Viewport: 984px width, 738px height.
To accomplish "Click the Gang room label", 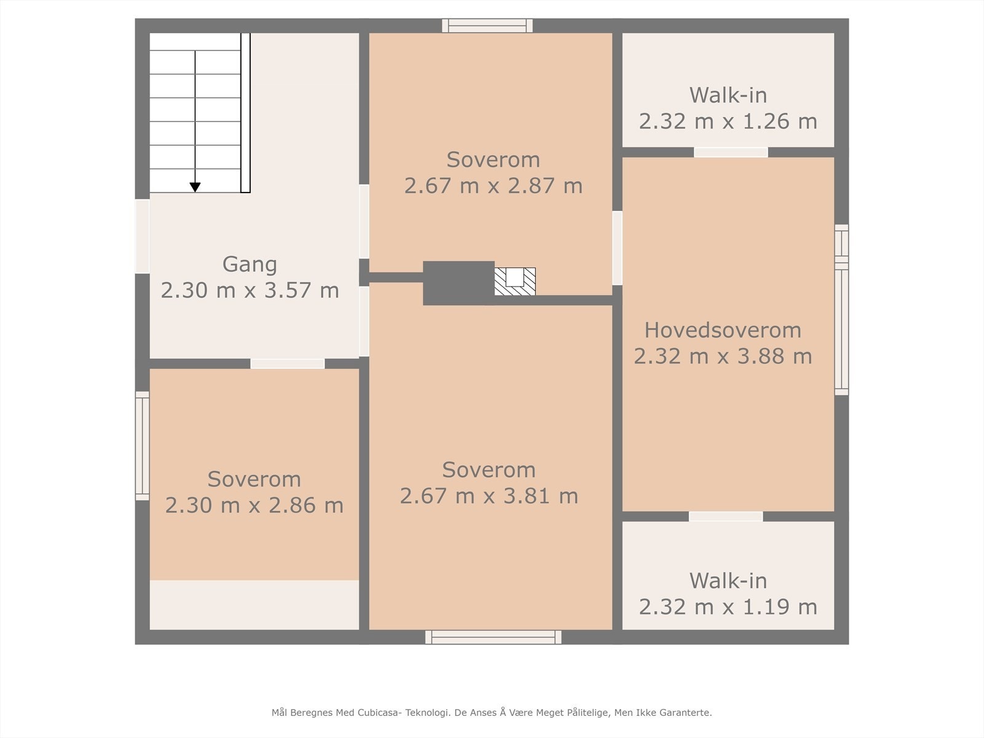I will (x=250, y=264).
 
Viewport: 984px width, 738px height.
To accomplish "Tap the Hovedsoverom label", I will (x=723, y=330).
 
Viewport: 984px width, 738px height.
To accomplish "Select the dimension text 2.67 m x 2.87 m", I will (x=493, y=186).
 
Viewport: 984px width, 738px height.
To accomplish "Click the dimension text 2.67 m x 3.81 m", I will (x=489, y=496).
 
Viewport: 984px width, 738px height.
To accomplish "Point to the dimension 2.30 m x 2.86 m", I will (x=254, y=506).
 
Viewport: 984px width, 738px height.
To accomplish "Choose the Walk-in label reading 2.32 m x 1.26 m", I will (x=728, y=108).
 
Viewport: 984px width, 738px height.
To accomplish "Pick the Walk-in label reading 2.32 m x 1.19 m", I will (x=728, y=594).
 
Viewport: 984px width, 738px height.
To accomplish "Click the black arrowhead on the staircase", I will (x=195, y=187).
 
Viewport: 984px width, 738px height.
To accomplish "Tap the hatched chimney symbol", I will (x=515, y=281).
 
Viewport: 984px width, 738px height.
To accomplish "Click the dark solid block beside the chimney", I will (x=458, y=283).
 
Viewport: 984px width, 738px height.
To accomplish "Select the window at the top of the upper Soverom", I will (x=487, y=25).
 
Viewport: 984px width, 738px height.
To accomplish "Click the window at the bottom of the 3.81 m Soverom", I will (x=493, y=637).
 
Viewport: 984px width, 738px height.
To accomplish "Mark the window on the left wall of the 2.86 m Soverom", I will (x=142, y=446).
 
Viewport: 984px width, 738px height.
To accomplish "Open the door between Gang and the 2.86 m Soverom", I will (x=287, y=364).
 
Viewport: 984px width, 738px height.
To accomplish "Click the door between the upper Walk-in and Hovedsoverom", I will (x=731, y=152).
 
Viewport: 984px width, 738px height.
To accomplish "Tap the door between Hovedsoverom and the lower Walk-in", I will (x=726, y=517).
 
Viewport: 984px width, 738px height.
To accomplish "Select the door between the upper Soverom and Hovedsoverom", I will (x=617, y=248).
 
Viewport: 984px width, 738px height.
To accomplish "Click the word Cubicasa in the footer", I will (x=379, y=713).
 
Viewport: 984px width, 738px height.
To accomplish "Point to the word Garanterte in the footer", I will (x=684, y=713).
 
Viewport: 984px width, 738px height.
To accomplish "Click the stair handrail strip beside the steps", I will (x=245, y=113).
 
